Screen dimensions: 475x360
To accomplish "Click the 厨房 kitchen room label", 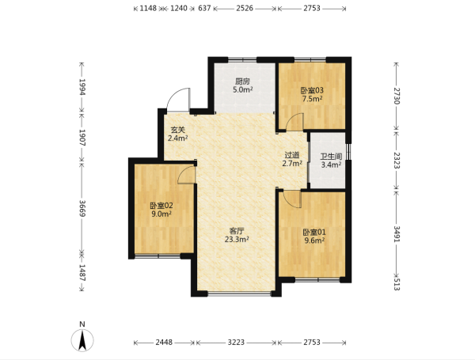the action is click(x=243, y=81).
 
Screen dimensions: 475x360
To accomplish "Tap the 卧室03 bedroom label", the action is click(x=312, y=90).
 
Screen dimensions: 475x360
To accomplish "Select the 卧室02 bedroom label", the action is click(x=161, y=206).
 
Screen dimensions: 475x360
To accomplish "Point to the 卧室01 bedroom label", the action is click(x=314, y=233).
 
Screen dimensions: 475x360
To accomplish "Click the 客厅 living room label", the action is click(x=237, y=231).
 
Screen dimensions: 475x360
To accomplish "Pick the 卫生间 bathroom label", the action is click(x=332, y=157).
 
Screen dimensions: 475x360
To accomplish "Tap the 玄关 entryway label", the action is click(x=178, y=130).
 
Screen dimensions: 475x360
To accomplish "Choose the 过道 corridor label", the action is click(x=292, y=155).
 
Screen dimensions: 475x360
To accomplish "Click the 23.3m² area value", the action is click(x=237, y=240).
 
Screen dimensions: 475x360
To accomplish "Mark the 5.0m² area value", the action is click(x=243, y=89).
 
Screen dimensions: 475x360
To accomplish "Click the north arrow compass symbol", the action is click(x=82, y=340).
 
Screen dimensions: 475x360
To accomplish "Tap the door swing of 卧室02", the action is click(x=182, y=171).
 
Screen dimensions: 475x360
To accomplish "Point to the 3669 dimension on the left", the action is click(x=82, y=208).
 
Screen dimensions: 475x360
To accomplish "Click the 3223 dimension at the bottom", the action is click(x=236, y=343).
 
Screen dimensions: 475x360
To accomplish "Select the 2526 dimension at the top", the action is click(x=245, y=8).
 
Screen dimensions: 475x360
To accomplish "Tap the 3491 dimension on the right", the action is click(x=397, y=233).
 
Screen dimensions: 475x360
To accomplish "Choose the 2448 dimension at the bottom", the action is click(x=164, y=343).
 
